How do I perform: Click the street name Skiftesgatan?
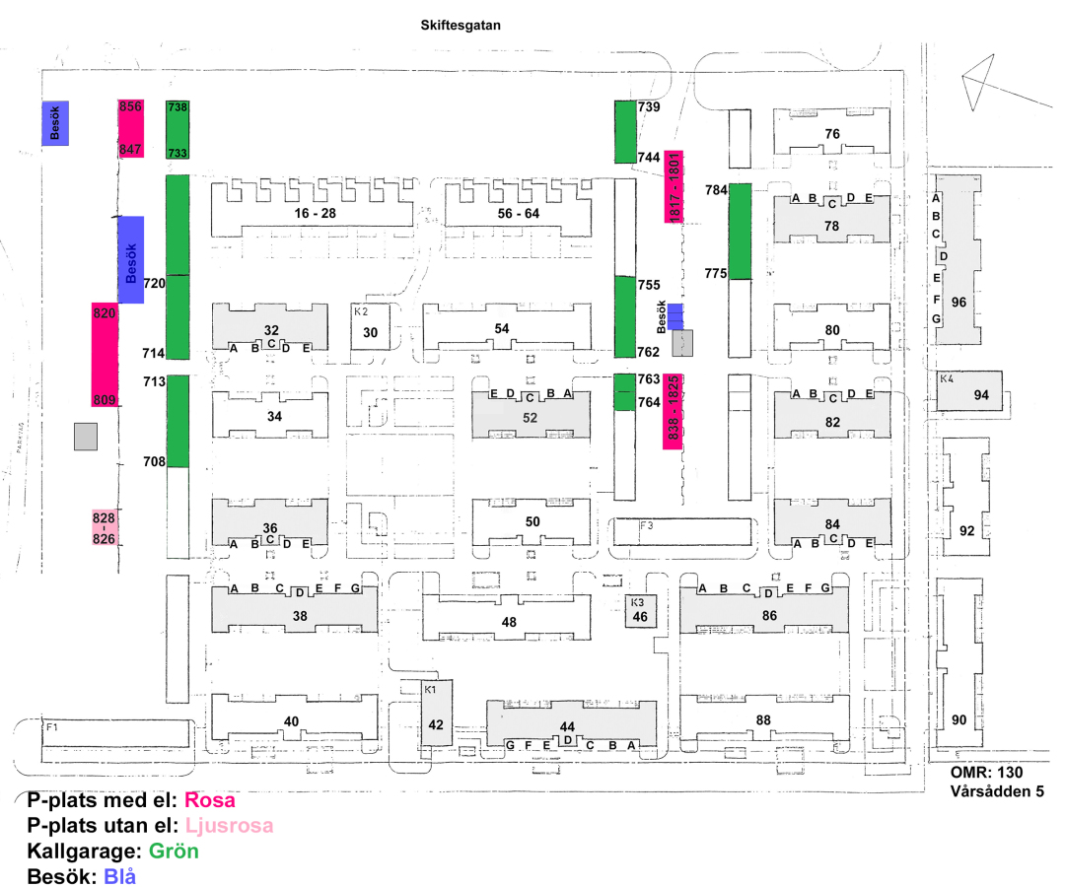(461, 25)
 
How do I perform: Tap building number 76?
(832, 134)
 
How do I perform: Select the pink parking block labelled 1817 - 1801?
(674, 186)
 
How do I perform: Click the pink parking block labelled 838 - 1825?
(673, 411)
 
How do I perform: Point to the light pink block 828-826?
(104, 527)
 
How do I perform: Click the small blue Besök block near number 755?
(674, 317)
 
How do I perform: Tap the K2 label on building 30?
(361, 311)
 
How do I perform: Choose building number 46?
(640, 616)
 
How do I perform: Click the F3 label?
(646, 525)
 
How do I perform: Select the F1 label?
(52, 726)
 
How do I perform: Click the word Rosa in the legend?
(210, 800)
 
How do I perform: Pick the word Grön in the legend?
(174, 852)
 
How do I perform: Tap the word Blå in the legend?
(119, 876)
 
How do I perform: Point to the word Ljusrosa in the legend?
(230, 825)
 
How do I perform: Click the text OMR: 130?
(986, 773)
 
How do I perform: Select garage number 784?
(716, 190)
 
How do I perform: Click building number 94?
(981, 395)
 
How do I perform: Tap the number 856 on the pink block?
(130, 106)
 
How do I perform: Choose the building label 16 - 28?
(316, 213)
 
